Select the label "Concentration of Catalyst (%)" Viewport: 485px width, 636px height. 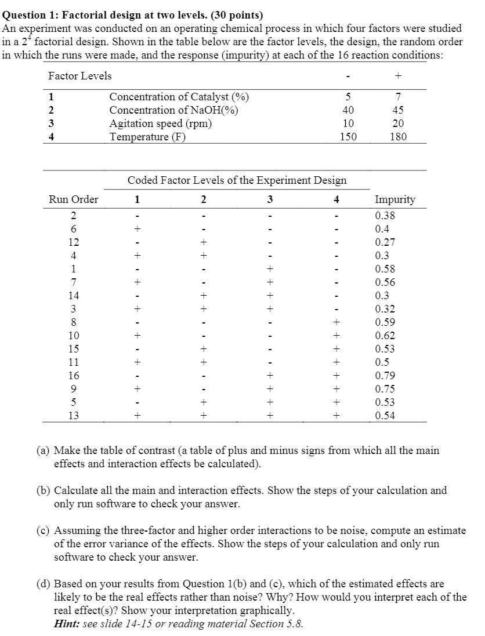point(180,97)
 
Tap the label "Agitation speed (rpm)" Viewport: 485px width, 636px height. point(161,123)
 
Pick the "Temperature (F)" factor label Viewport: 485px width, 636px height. point(147,137)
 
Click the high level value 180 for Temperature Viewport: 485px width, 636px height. point(398,137)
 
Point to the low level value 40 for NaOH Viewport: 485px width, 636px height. point(348,110)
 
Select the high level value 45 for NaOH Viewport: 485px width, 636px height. point(398,110)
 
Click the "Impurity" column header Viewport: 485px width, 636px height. point(395,199)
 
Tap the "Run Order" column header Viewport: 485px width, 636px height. point(73,199)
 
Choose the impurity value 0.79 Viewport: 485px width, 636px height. point(386,376)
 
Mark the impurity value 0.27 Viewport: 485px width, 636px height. point(386,242)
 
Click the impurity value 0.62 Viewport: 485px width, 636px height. point(386,336)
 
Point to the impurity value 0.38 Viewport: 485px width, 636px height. point(386,216)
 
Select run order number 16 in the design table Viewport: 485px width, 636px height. point(74,376)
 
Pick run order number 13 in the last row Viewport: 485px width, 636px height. point(74,416)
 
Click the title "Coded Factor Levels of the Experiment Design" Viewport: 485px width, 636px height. point(237,180)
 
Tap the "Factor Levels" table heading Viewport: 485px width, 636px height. point(79,76)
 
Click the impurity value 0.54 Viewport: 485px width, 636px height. point(386,416)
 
